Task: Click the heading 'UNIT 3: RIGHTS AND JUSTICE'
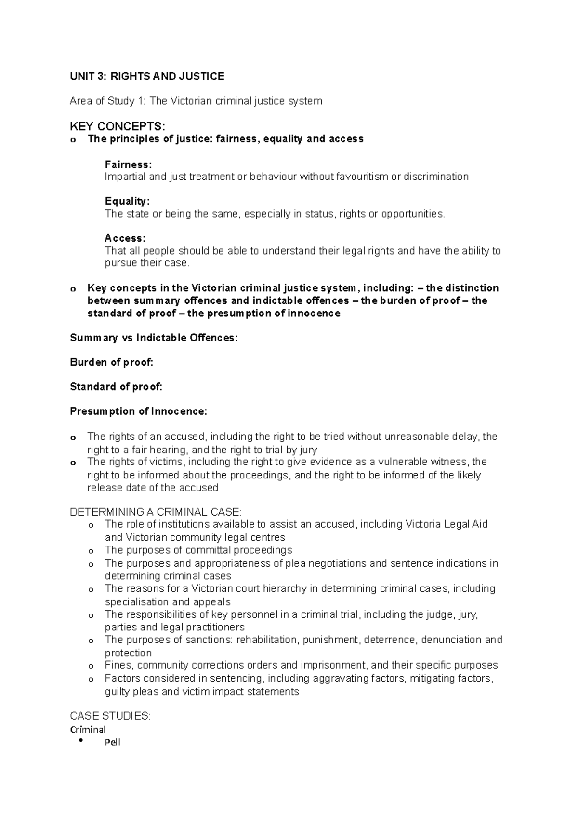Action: pos(147,76)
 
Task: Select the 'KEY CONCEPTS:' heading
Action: pos(118,126)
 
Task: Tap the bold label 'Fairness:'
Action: pos(128,164)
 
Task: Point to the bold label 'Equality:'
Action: pos(127,201)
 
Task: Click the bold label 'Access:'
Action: pos(125,238)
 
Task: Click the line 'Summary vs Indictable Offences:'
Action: pos(154,338)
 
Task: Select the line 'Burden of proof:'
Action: pos(111,362)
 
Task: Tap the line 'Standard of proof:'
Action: pos(116,387)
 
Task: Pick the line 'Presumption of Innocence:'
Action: pos(138,411)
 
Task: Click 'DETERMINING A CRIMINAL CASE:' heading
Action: pos(156,512)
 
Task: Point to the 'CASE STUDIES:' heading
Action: pos(110,716)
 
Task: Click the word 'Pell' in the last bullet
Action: pos(113,742)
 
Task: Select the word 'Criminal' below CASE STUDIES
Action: pos(88,729)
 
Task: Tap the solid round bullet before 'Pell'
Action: pos(80,741)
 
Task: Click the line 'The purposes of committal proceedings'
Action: pos(198,550)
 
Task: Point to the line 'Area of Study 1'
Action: pos(196,101)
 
